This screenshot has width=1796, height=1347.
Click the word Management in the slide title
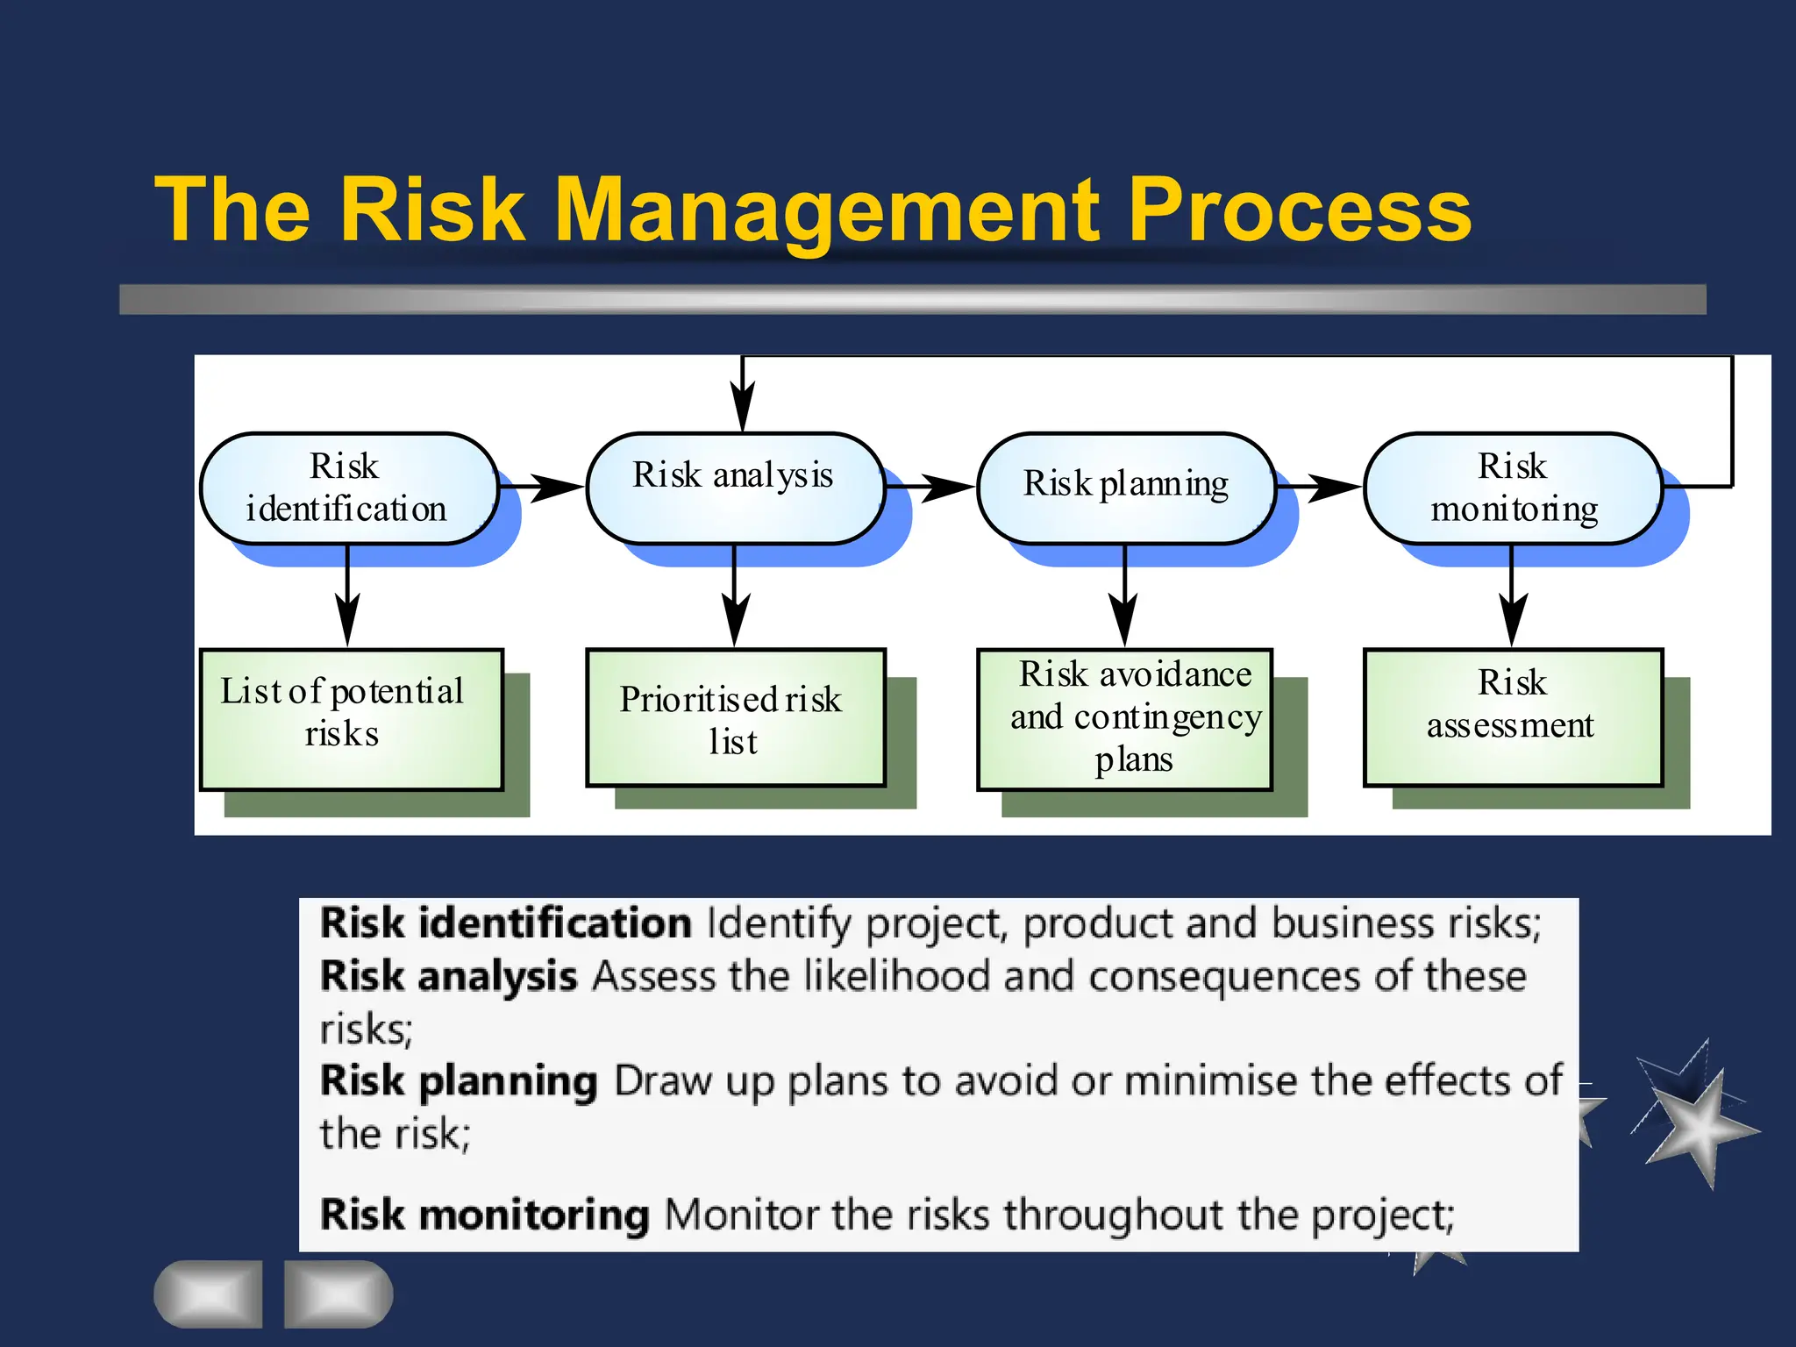pos(824,210)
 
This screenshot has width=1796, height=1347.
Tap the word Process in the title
pos(1298,210)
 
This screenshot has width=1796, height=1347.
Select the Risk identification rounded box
pos(348,488)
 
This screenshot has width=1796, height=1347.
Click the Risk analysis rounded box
pos(734,488)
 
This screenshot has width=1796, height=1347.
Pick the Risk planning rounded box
pos(1126,488)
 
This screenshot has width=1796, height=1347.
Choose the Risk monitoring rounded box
pos(1513,488)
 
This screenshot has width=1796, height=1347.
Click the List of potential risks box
pos(351,719)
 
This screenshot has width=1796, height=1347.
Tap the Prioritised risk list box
pos(735,717)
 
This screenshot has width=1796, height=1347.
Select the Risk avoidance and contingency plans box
pos(1125,719)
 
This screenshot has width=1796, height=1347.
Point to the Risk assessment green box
pos(1513,717)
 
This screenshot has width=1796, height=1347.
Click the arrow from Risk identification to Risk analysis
pos(544,486)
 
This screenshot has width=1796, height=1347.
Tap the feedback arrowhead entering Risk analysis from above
pos(743,405)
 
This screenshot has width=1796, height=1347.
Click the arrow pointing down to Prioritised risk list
pos(735,605)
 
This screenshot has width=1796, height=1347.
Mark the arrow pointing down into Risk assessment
pos(1512,605)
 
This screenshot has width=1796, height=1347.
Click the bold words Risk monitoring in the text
pos(484,1215)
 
